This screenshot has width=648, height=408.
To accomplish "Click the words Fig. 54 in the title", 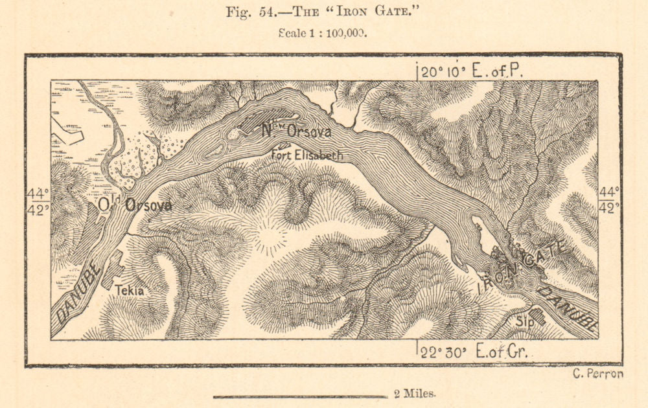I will (246, 12).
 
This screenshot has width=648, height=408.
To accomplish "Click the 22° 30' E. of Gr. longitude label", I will (474, 352).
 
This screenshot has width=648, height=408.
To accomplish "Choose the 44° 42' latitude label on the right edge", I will (610, 199).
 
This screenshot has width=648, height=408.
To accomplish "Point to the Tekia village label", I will (130, 291).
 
